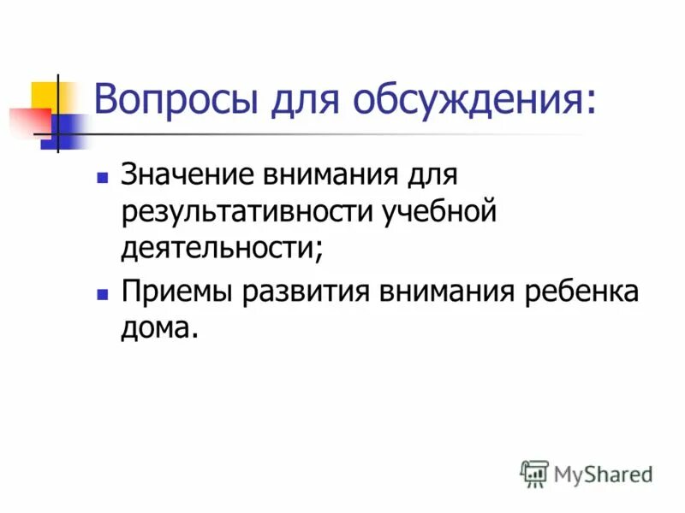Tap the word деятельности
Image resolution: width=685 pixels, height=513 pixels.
(221, 248)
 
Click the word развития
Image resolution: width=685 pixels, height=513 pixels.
(305, 291)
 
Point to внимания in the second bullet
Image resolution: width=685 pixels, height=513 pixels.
(443, 291)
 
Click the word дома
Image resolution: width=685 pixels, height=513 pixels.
(159, 327)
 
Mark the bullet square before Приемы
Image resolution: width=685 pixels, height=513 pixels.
(102, 293)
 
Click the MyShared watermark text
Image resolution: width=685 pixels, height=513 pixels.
(603, 474)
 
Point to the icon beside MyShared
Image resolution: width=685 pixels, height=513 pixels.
(534, 473)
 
